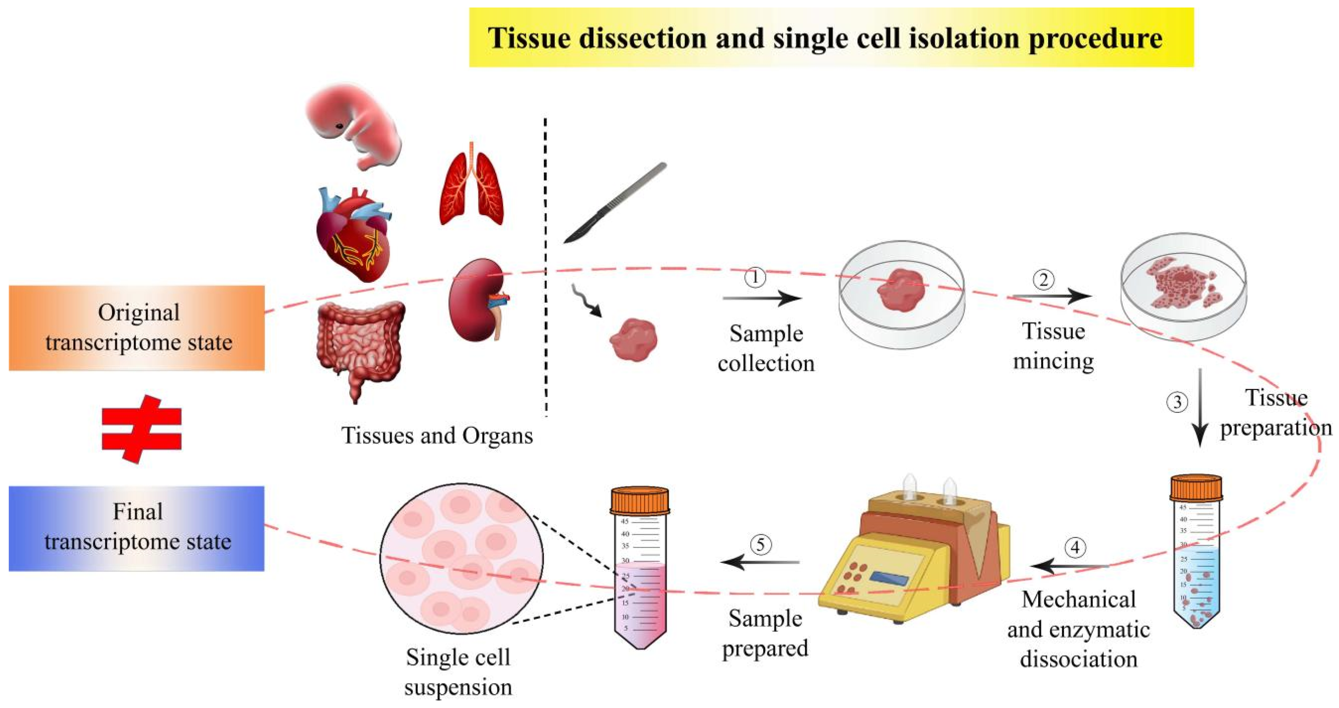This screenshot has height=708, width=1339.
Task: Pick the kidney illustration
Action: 476,301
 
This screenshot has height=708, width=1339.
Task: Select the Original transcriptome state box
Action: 137,327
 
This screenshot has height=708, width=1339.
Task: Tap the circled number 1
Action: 755,277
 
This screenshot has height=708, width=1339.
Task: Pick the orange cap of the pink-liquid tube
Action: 640,500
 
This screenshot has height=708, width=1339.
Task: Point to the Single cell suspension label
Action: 458,672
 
